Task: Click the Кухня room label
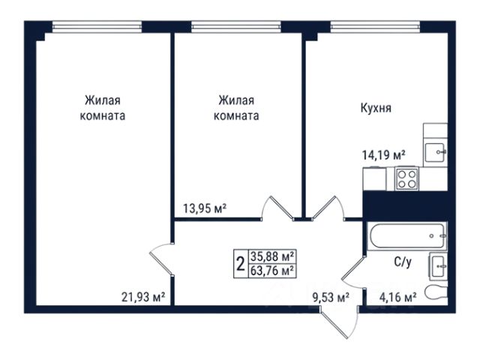tap(376, 108)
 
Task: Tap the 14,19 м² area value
tap(384, 155)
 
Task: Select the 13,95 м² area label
tap(205, 208)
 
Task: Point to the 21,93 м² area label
tap(143, 297)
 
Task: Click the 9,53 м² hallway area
tap(331, 297)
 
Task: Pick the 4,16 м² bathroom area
tap(397, 297)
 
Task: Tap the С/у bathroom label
tap(403, 262)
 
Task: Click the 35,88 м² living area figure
tap(273, 256)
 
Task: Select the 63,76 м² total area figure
tap(273, 271)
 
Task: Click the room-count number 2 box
tap(241, 263)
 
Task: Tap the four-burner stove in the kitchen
tap(406, 178)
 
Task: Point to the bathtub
tap(406, 236)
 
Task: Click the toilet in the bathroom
tap(436, 292)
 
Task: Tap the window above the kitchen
tap(375, 27)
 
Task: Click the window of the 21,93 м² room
tap(97, 27)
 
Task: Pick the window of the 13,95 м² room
tap(236, 27)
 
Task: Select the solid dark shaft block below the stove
tap(405, 205)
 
